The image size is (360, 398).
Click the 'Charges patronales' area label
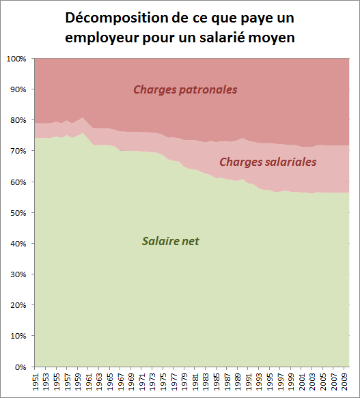[x=186, y=89]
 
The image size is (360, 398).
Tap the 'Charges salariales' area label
[x=268, y=162]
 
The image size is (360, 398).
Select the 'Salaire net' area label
[x=170, y=240]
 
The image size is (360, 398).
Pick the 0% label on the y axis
[x=19, y=367]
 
